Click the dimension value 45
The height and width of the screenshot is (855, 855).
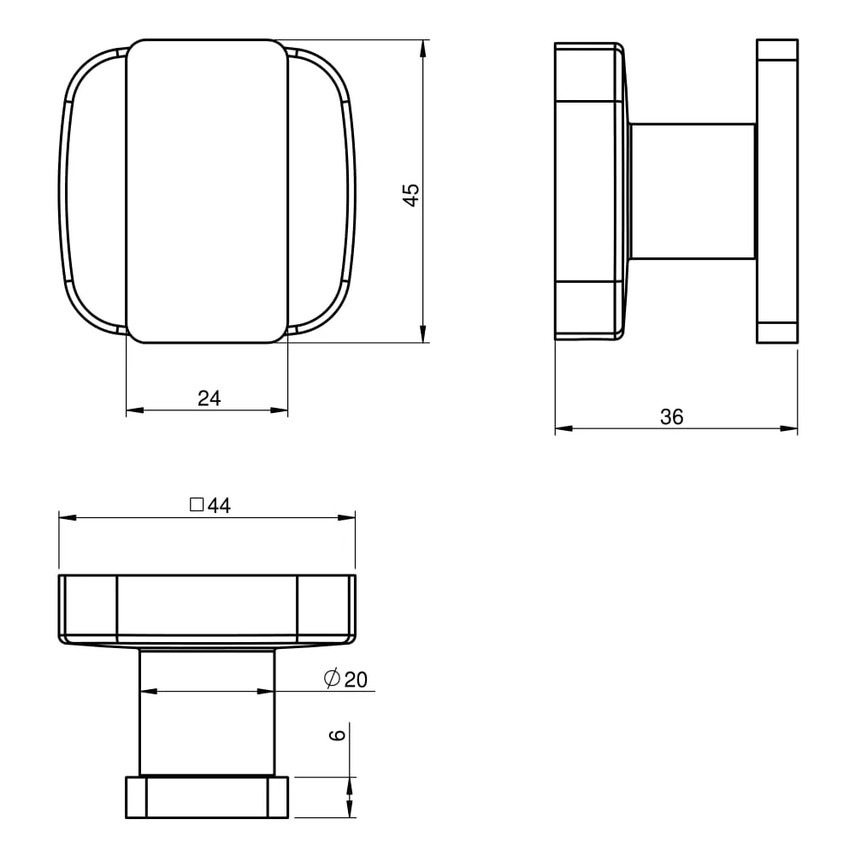tap(411, 195)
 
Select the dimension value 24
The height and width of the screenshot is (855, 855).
tap(209, 398)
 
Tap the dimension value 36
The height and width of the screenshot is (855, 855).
tap(671, 417)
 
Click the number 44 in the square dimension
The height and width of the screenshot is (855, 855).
tap(219, 505)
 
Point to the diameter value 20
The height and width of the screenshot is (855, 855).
tap(356, 680)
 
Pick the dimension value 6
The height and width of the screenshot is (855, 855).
tap(338, 734)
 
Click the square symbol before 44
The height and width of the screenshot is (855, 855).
tap(197, 504)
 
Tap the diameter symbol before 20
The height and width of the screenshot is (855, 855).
tap(332, 678)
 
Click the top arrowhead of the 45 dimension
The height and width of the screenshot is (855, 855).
tap(423, 49)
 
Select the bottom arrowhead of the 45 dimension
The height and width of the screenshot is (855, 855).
tap(423, 333)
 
